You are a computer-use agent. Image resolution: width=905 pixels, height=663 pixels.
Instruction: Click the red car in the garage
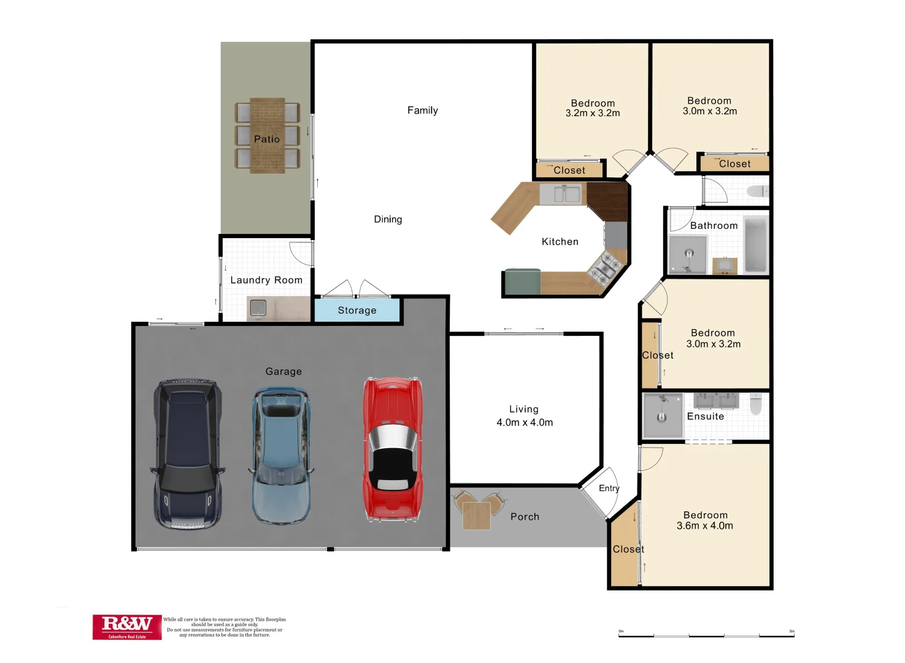393,449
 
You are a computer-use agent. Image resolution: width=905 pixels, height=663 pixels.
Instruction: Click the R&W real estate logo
127,627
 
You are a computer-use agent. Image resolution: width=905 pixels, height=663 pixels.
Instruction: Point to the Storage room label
357,311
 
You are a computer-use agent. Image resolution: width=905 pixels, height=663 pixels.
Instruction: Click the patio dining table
267,136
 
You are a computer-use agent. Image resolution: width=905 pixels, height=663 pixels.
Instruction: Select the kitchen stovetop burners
605,268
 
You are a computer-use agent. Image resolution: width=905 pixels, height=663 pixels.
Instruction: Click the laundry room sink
258,307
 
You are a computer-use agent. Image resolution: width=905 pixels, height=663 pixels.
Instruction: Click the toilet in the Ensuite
756,403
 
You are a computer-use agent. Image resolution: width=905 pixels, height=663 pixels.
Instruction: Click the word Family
423,110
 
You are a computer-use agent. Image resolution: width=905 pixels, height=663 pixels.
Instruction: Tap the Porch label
525,517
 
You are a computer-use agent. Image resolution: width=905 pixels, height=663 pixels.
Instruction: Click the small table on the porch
476,515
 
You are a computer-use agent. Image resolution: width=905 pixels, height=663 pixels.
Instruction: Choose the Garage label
283,371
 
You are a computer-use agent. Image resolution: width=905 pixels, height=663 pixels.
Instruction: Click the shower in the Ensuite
662,415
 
